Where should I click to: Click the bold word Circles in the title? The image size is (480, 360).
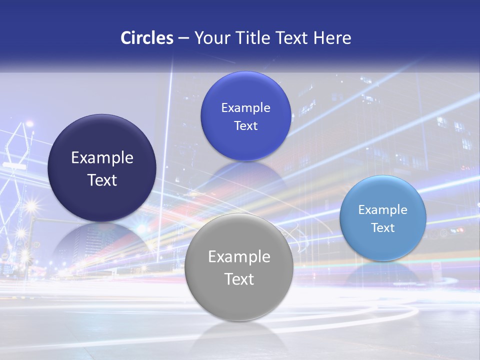[x=147, y=37]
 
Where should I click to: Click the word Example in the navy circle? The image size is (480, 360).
[x=102, y=158]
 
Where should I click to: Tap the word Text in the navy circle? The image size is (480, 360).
[x=102, y=180]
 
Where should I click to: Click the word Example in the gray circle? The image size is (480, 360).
[x=239, y=257]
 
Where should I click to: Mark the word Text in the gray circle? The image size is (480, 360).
[x=239, y=279]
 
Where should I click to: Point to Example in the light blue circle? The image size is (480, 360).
[x=383, y=210]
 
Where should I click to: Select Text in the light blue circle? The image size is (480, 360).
[x=383, y=228]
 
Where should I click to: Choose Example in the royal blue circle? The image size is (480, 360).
[x=246, y=108]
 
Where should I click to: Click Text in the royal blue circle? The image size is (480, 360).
[x=246, y=126]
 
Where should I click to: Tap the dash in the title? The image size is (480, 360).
[x=183, y=38]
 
